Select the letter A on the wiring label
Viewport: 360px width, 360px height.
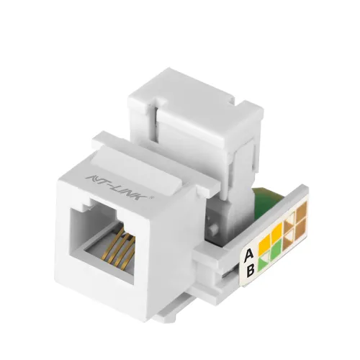(x=248, y=253)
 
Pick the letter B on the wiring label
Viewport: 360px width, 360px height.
(x=250, y=271)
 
